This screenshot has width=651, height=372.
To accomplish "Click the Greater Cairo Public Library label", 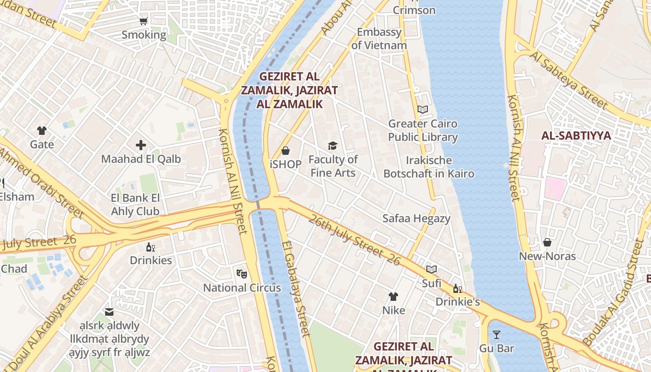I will (x=423, y=131).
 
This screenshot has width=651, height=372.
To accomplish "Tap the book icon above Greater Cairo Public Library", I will (x=422, y=110).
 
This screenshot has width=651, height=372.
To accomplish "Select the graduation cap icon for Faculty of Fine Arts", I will (x=332, y=146).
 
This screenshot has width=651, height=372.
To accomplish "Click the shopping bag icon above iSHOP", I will (x=286, y=151).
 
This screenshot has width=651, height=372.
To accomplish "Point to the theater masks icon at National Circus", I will (x=241, y=273).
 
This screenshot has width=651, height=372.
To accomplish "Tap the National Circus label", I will (x=242, y=288).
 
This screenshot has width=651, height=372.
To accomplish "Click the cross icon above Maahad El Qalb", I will (x=141, y=145).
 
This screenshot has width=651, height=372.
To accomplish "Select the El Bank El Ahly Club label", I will (x=135, y=205).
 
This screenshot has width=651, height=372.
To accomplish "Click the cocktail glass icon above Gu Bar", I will (x=497, y=334).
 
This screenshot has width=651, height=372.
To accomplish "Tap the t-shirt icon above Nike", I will (x=393, y=296).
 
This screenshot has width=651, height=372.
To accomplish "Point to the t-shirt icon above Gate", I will (x=42, y=131).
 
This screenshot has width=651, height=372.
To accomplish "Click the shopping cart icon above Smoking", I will (x=143, y=21).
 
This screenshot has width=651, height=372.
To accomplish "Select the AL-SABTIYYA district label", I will (x=576, y=136).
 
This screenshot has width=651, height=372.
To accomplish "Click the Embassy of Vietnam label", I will (x=379, y=39).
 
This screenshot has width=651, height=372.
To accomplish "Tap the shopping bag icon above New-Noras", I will (x=547, y=242).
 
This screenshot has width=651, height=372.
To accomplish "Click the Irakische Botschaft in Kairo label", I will (x=429, y=167).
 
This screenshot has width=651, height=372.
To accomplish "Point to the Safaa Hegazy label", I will (x=416, y=219).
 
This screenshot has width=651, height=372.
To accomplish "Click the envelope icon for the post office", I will (x=109, y=312).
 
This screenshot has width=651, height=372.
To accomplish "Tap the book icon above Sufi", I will (x=432, y=269).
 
